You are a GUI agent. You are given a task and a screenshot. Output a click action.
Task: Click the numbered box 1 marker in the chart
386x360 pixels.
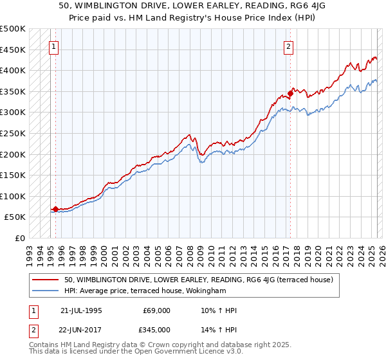tap(53, 46)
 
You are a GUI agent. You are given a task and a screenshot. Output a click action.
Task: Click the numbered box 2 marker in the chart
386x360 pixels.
tap(289, 46)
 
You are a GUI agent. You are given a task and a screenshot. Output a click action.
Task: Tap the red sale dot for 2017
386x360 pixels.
tap(290, 93)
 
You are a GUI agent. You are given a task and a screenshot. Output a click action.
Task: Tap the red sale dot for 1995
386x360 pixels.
tap(55, 209)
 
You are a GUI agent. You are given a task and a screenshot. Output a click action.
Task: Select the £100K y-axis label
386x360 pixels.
tap(14, 196)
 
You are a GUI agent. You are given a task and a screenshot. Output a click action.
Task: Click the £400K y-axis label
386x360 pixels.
tap(14, 70)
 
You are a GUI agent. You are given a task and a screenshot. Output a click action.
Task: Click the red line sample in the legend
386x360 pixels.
tap(46, 280)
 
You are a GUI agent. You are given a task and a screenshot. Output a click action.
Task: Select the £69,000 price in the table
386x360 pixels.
tap(157, 310)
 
